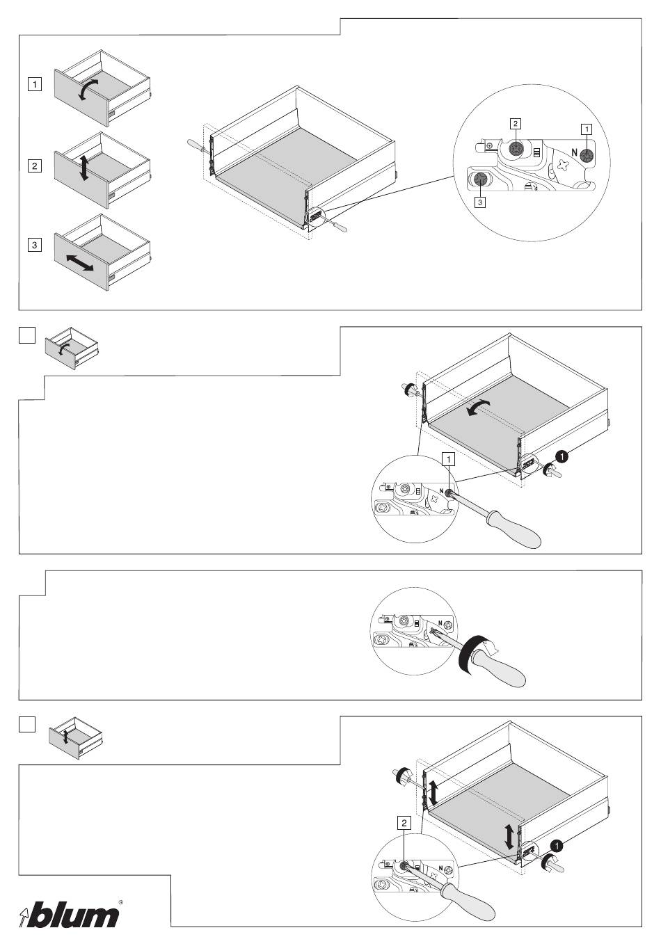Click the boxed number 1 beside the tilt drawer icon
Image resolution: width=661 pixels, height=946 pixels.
click(x=33, y=85)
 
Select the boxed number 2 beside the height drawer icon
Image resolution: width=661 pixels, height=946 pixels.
click(x=33, y=166)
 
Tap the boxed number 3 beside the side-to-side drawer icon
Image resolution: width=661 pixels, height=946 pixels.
click(x=33, y=245)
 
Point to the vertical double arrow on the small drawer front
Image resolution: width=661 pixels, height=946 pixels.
click(x=83, y=168)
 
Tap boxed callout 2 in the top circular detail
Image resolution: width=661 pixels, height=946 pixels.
click(x=515, y=124)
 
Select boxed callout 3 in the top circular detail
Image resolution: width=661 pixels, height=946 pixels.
click(x=480, y=202)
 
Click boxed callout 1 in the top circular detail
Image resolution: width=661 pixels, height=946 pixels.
click(x=587, y=129)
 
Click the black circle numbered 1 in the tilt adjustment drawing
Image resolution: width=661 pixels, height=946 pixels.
click(x=562, y=456)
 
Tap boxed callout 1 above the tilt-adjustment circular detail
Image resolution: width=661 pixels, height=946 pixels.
click(x=449, y=458)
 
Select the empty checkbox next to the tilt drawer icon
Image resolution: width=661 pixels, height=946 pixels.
click(x=26, y=335)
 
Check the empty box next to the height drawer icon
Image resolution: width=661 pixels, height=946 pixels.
click(x=26, y=725)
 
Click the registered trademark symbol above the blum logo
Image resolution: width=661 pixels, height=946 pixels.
click(x=121, y=902)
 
